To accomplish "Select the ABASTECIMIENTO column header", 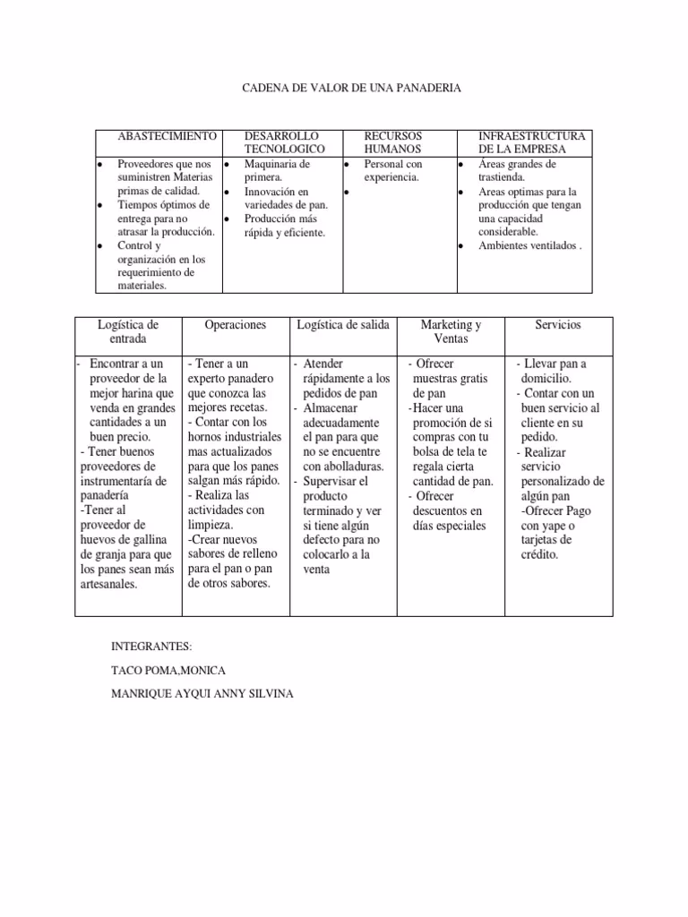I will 168,135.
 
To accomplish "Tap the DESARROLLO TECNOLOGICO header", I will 284,141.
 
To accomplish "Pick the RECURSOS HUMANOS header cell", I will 392,141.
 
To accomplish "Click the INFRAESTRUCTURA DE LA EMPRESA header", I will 532,141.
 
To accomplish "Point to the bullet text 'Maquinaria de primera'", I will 277,171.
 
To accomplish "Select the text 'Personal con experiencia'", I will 392,171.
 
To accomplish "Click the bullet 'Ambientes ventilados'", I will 529,245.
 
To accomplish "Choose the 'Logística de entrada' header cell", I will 128,331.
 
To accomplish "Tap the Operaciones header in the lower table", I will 236,325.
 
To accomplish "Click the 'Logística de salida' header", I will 343,325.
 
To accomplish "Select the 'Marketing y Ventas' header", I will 451,331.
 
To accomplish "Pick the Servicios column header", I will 559,325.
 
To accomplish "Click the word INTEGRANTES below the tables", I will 151,647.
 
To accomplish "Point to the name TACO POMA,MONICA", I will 168,671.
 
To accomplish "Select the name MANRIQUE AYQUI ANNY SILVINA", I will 202,695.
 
